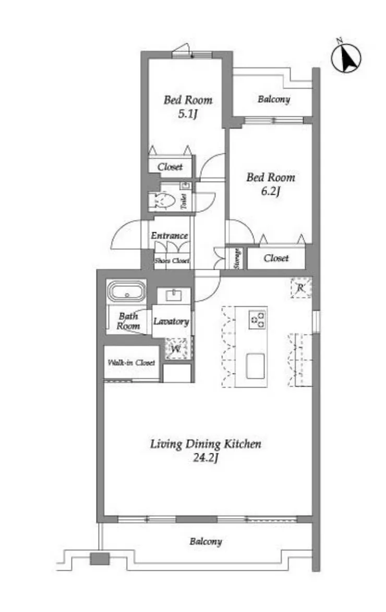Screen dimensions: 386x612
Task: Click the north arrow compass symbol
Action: click(346, 58)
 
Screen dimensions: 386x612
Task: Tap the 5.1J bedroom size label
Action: click(188, 114)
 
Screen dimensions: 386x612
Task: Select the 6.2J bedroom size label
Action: click(271, 191)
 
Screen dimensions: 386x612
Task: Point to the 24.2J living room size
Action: click(206, 458)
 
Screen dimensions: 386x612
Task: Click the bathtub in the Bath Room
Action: click(126, 291)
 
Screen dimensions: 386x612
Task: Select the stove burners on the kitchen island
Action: click(257, 319)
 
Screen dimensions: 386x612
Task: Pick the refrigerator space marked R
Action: click(301, 288)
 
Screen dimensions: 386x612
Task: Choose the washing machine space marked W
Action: click(176, 349)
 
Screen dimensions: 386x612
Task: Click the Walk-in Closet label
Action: click(131, 363)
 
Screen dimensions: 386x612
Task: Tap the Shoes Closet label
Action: click(172, 260)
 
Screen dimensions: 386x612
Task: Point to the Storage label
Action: click(236, 258)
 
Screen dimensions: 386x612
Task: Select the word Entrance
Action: click(170, 235)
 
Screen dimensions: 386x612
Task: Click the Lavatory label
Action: click(171, 321)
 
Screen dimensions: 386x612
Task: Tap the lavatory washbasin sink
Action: click(173, 295)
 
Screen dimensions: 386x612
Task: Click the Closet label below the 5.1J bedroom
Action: click(170, 166)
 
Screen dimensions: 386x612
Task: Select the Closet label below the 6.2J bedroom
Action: click(276, 258)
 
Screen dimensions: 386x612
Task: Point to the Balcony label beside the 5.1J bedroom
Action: click(274, 99)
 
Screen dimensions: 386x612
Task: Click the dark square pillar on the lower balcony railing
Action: click(100, 559)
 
